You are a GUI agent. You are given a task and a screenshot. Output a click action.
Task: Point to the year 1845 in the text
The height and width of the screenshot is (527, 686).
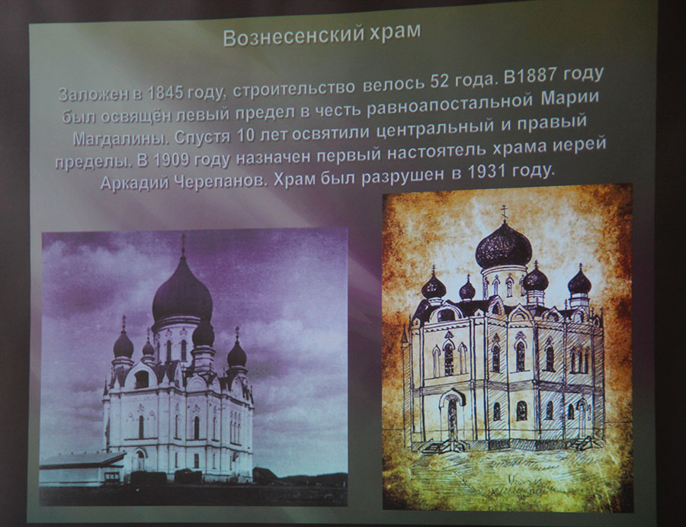(x=165, y=93)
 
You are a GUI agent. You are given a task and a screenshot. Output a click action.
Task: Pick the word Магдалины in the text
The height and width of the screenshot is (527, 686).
(x=120, y=138)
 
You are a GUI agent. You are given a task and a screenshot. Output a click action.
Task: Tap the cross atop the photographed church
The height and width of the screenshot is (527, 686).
(x=183, y=245)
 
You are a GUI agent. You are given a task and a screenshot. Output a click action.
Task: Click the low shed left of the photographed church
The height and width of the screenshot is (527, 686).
(x=82, y=468)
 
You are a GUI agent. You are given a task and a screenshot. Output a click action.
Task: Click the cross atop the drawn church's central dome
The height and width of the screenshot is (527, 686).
(x=504, y=213)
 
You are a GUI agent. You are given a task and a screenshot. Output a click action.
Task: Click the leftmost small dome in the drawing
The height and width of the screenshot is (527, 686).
(x=434, y=287)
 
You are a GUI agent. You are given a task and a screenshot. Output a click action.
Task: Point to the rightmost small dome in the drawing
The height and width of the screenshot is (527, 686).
(x=580, y=282)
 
